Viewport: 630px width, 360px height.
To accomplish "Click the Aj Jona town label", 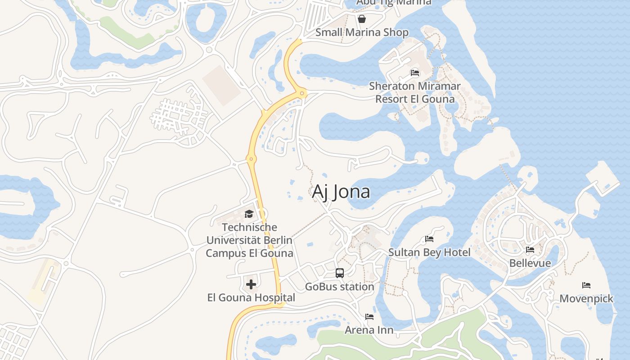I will click(x=341, y=192).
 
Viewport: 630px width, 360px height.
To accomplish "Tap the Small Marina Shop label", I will click(x=362, y=32).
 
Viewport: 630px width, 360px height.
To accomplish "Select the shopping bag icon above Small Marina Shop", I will click(x=361, y=19).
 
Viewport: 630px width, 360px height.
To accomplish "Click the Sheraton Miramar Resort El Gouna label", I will click(x=414, y=92).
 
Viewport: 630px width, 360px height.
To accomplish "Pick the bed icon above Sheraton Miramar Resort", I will click(x=414, y=73).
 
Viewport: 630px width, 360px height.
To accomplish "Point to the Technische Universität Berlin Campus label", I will click(x=249, y=240).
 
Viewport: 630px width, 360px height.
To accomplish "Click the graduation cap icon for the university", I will click(x=249, y=214).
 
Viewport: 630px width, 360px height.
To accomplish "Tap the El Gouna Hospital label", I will click(x=251, y=297).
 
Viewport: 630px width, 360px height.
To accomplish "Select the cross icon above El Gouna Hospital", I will click(x=251, y=284).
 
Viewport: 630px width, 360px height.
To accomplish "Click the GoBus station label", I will click(x=339, y=287).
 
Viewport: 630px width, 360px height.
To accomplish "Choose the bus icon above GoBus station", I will click(x=339, y=273).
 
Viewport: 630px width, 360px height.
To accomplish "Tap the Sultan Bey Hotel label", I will click(x=429, y=252).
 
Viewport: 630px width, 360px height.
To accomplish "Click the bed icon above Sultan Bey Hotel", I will click(x=429, y=239).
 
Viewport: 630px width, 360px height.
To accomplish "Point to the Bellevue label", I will click(x=530, y=263).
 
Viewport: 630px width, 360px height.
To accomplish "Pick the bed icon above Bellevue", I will click(x=530, y=250).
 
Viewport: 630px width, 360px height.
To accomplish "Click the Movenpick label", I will click(x=586, y=298).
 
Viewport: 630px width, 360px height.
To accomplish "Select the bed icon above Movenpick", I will click(x=586, y=285).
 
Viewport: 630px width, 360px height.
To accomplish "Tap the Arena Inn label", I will click(x=369, y=330).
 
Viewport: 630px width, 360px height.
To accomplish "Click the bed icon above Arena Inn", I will click(x=369, y=317).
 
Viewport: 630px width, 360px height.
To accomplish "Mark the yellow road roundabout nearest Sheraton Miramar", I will click(x=302, y=94).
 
